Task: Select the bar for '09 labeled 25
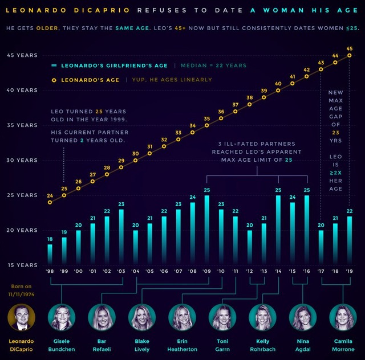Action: [x=206, y=231]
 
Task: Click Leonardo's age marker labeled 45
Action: [x=350, y=55]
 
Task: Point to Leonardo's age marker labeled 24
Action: [x=50, y=202]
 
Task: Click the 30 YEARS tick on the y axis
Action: [x=22, y=160]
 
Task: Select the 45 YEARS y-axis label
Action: [x=22, y=55]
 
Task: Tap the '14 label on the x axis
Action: [x=278, y=272]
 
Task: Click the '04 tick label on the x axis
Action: [x=135, y=272]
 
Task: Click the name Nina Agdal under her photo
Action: [x=302, y=344]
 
